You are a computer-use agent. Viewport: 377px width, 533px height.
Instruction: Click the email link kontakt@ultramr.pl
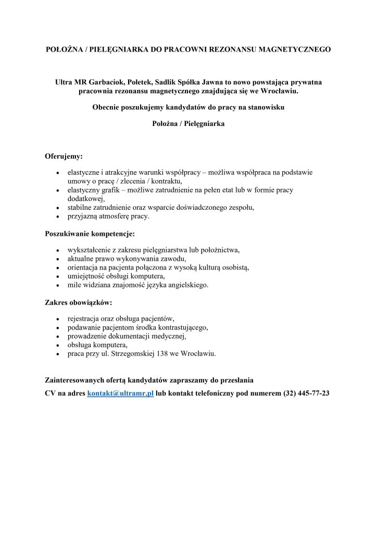coord(120,393)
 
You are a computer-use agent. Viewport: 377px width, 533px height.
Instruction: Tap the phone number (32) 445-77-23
coord(306,393)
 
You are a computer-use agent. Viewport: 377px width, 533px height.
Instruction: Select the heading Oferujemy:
coord(64,156)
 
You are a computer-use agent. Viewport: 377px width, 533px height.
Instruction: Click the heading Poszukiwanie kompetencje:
coord(90,234)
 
